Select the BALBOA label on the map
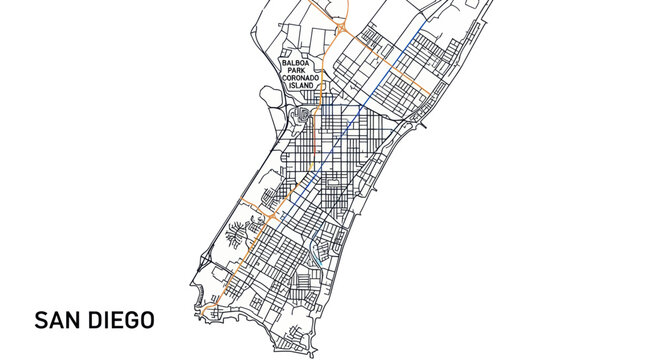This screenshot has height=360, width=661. [x=300, y=62]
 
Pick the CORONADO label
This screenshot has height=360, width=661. [x=300, y=78]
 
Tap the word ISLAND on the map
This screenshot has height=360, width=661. [x=300, y=86]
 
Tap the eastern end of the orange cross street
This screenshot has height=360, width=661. [x=431, y=94]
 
